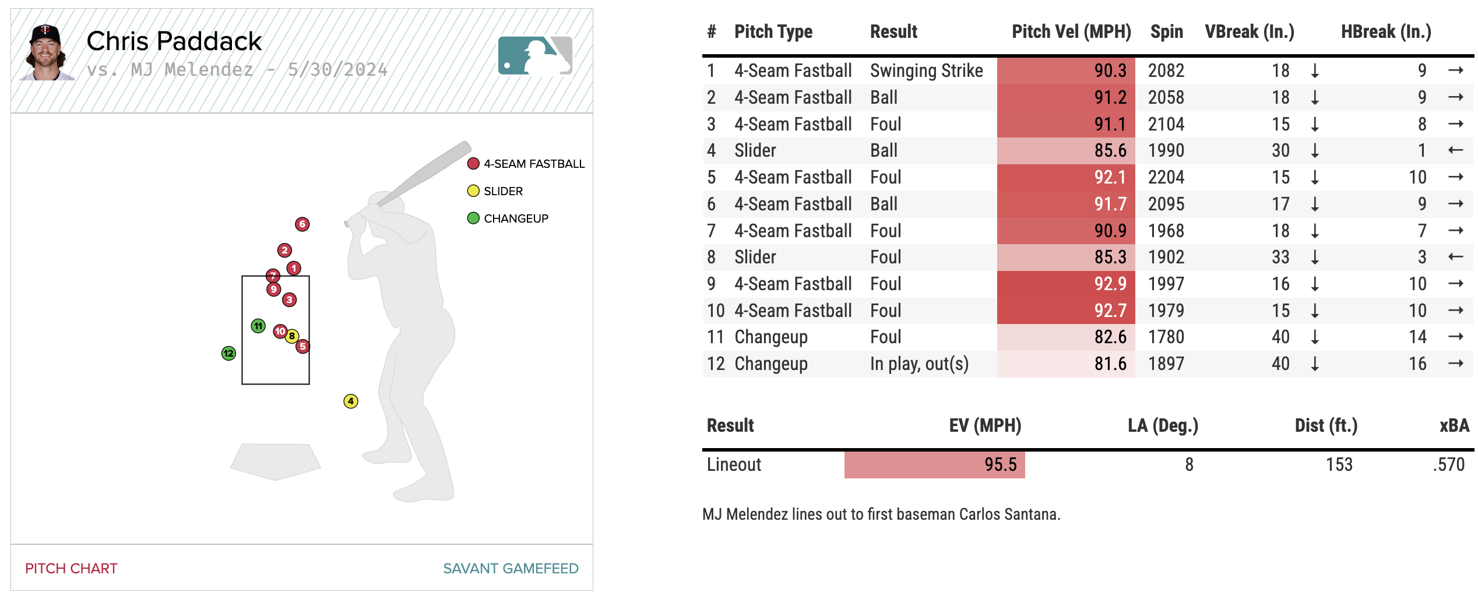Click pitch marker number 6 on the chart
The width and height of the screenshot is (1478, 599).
pos(302,224)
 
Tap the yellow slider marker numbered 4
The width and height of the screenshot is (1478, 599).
pos(350,401)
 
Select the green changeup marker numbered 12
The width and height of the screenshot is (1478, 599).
pos(228,353)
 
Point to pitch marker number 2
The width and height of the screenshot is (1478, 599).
pos(284,251)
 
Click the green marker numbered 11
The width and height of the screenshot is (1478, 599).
pos(258,326)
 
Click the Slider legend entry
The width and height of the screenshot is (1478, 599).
pos(495,191)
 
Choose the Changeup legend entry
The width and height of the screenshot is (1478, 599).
pos(508,219)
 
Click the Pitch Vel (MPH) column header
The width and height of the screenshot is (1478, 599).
pos(1071,32)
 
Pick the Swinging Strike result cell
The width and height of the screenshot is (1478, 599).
pos(926,71)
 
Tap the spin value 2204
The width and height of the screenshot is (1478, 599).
pos(1166,177)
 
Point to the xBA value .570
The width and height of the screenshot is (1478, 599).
pos(1448,464)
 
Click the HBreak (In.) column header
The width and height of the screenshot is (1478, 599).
pos(1385,32)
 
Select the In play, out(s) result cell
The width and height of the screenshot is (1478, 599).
pos(919,364)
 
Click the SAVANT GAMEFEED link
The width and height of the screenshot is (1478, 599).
pos(511,568)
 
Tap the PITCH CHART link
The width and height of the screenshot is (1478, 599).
pos(71,568)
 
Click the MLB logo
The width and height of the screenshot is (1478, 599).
pos(535,56)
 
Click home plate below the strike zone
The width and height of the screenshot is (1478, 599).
pos(276,461)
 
